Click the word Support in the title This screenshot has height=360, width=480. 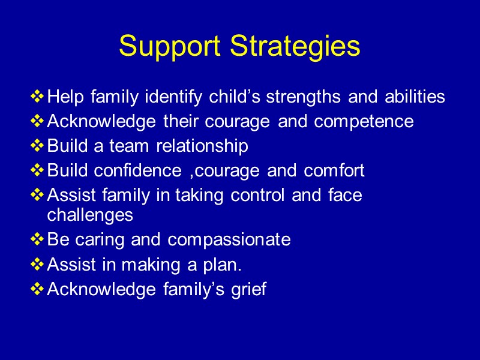[x=171, y=47]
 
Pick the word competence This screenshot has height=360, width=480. [x=364, y=122]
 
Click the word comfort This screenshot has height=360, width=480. [x=334, y=170]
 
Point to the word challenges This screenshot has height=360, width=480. [x=90, y=214]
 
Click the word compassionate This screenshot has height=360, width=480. [x=229, y=240]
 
